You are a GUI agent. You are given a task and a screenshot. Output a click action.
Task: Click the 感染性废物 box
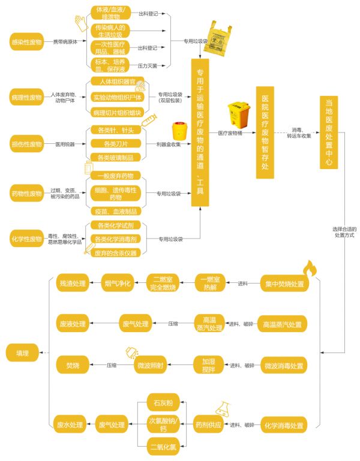point(27,43)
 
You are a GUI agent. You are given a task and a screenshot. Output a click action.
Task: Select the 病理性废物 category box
point(27,97)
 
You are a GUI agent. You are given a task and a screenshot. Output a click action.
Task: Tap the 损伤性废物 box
point(27,144)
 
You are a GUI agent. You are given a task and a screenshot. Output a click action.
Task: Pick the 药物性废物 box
point(27,194)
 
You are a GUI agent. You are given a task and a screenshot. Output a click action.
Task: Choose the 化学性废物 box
point(27,239)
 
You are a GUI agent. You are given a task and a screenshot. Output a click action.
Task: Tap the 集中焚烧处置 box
point(284,284)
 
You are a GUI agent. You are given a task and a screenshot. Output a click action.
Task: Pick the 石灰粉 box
point(164,402)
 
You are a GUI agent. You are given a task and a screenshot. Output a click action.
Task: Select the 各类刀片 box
point(116,144)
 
